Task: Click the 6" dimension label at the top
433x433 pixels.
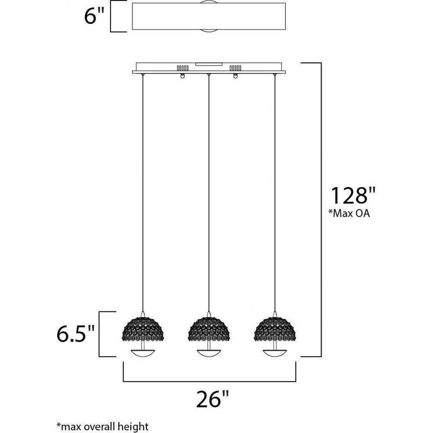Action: click(x=94, y=16)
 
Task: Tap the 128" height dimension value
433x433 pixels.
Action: click(x=353, y=195)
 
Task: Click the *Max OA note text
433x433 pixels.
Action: click(x=349, y=213)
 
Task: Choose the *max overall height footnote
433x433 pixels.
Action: click(x=103, y=427)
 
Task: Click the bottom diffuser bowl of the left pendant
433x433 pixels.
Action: click(x=143, y=353)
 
